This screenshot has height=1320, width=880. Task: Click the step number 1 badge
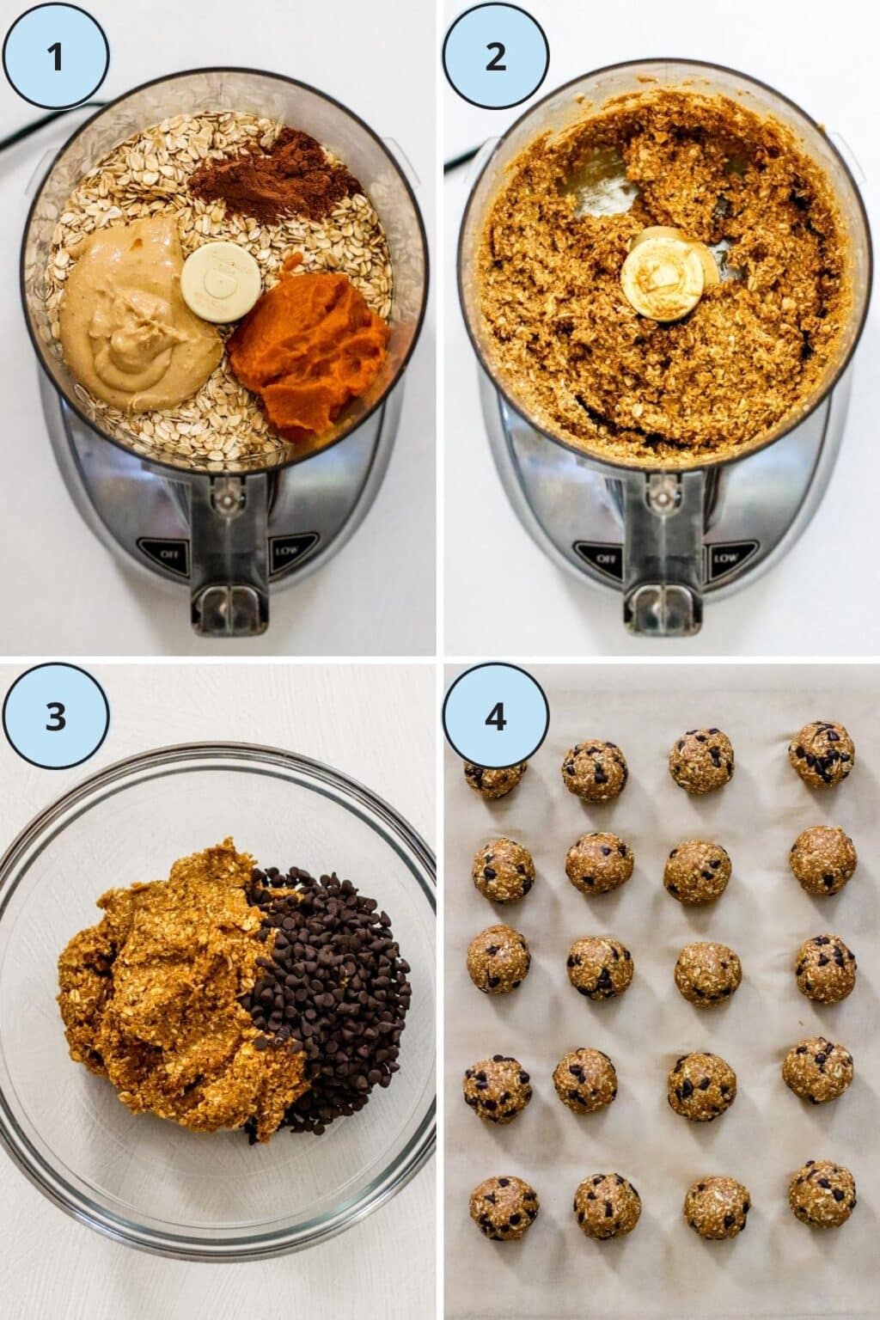[56, 57]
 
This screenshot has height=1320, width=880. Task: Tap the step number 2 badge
[496, 57]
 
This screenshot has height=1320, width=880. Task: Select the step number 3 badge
[56, 717]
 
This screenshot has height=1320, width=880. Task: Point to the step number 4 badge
[496, 717]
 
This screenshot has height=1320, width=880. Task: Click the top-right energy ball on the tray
[822, 754]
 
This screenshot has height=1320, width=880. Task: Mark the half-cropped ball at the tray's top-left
[494, 775]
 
